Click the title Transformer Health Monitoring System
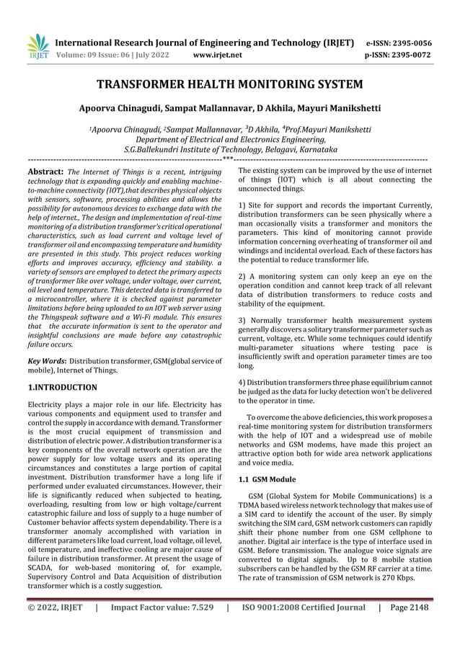click(x=230, y=85)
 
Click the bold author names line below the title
click(x=230, y=110)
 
